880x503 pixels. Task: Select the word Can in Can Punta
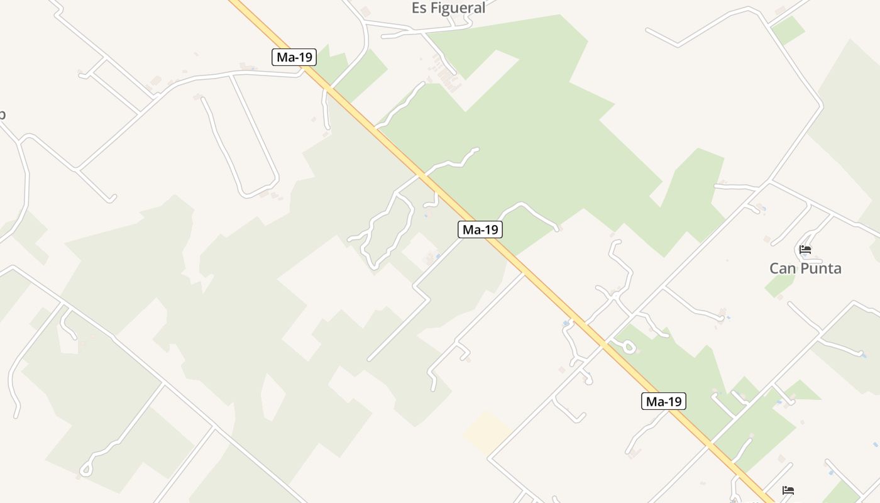pyautogui.click(x=783, y=268)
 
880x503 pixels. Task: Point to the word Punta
pyautogui.click(x=821, y=268)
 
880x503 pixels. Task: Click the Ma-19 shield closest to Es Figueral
pyautogui.click(x=294, y=57)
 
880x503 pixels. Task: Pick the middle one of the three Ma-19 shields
pyautogui.click(x=480, y=229)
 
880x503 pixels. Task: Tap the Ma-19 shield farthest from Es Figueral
pyautogui.click(x=663, y=401)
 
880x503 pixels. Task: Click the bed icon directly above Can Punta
pyautogui.click(x=805, y=250)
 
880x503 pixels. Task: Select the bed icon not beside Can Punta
pyautogui.click(x=788, y=490)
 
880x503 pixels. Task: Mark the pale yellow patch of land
pyautogui.click(x=488, y=433)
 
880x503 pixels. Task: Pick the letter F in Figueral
pyautogui.click(x=434, y=8)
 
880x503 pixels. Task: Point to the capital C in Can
pyautogui.click(x=774, y=268)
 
